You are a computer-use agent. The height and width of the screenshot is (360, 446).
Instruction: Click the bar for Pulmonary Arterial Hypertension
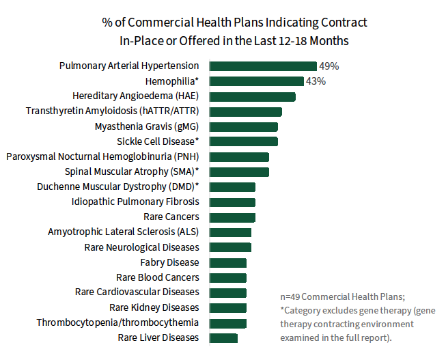pos(263,66)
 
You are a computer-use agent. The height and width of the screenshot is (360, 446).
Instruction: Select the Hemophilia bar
pos(256,81)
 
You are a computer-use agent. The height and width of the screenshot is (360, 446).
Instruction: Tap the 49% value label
pos(329,66)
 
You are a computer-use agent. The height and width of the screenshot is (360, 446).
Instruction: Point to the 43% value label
pos(316,81)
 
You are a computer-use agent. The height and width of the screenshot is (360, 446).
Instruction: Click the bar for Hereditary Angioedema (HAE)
pos(252,96)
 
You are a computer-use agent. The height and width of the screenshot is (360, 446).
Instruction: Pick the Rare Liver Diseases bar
pos(223,337)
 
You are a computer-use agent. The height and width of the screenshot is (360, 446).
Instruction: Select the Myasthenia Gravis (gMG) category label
pos(147,126)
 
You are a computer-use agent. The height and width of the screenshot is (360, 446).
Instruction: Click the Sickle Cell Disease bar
pos(243,141)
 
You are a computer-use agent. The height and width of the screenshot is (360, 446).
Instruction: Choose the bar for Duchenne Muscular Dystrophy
pos(232,186)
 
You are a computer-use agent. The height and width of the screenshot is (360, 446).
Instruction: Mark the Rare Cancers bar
pos(232,217)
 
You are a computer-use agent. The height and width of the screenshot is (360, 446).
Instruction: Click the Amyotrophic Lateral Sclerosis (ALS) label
pos(123,232)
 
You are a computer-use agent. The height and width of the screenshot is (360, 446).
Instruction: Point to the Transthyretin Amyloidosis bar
pos(245,111)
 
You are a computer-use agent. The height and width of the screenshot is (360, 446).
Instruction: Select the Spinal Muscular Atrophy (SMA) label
pos(132,171)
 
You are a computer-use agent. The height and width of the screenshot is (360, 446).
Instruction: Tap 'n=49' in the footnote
pos(290,297)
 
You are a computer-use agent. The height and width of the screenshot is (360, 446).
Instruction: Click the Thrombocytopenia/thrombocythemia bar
pos(228,322)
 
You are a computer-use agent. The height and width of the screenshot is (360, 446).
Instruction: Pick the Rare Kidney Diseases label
pos(154,307)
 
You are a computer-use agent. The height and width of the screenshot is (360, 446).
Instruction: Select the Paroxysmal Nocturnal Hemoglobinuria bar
pos(239,156)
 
